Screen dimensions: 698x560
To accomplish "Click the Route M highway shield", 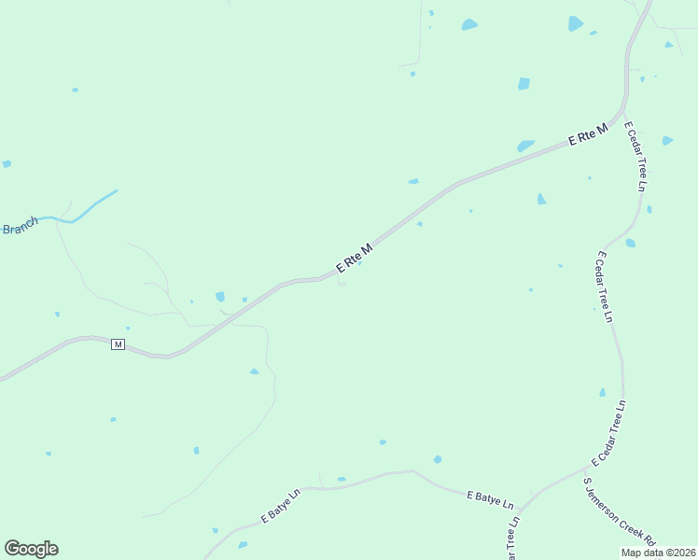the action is tap(118, 344).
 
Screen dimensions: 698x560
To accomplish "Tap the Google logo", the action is tap(31, 549).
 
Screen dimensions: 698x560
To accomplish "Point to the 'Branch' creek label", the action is tap(19, 227).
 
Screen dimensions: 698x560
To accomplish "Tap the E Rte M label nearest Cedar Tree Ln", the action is tap(588, 134).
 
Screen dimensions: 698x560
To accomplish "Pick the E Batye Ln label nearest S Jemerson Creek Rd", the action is tap(491, 498).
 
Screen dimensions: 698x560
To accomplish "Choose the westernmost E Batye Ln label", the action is tap(281, 503).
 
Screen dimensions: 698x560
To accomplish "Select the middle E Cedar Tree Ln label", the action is tap(605, 287).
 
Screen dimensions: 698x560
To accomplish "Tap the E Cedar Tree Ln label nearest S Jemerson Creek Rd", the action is tap(608, 434).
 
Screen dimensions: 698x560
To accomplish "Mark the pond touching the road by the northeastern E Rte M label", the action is tap(525, 146).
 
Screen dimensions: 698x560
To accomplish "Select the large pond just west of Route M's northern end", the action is tap(576, 23).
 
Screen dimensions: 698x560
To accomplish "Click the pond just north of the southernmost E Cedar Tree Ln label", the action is tap(602, 392).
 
